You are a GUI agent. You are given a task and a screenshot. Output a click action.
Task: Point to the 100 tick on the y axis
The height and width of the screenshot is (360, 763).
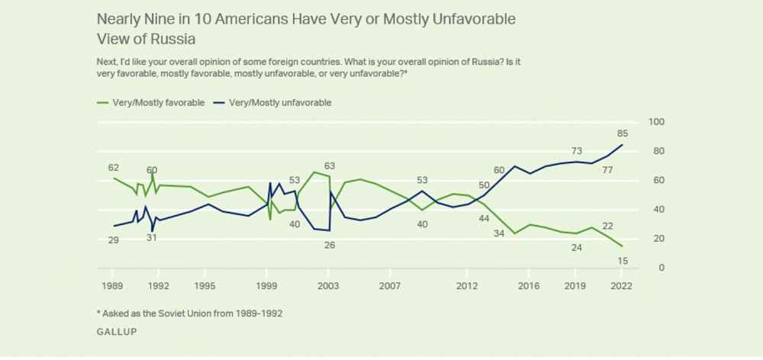point(655,122)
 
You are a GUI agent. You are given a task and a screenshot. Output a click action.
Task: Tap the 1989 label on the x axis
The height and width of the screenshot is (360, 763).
point(113,286)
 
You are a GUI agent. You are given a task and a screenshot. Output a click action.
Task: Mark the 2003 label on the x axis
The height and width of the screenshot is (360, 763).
point(329,286)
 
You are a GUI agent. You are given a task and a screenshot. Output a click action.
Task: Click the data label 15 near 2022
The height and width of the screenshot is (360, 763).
point(622,262)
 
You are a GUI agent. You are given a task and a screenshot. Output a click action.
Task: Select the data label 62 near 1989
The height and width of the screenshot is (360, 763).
point(114,166)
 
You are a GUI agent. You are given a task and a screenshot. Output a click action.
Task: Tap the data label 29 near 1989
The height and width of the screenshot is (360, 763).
point(114,240)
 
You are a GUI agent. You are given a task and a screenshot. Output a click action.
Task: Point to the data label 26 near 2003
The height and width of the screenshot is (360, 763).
point(329,245)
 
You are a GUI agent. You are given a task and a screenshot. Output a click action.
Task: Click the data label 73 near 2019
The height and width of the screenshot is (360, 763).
point(578,150)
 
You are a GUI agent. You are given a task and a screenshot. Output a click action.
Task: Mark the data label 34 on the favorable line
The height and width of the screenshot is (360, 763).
point(499,233)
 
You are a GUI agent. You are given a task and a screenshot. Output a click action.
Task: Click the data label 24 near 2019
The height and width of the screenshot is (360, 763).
point(578,247)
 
